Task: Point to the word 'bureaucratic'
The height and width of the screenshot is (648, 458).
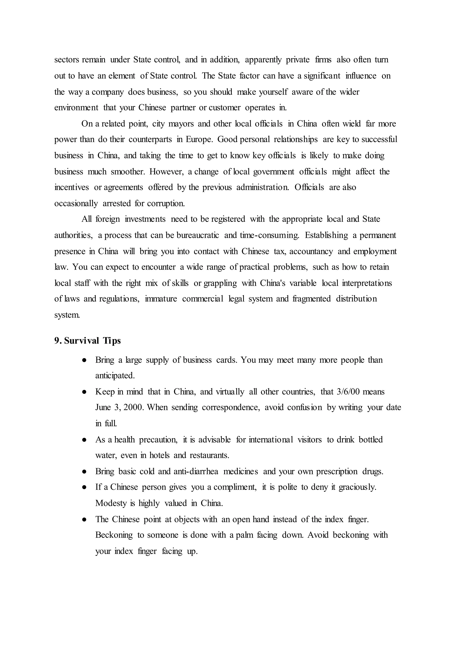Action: pos(197,235)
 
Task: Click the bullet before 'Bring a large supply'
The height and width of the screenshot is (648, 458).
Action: pos(84,360)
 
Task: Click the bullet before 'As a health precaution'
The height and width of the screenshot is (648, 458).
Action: pos(84,440)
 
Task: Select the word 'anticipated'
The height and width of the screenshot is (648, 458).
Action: pos(115,376)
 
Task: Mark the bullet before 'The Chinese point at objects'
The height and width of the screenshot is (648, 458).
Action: pos(84,520)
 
